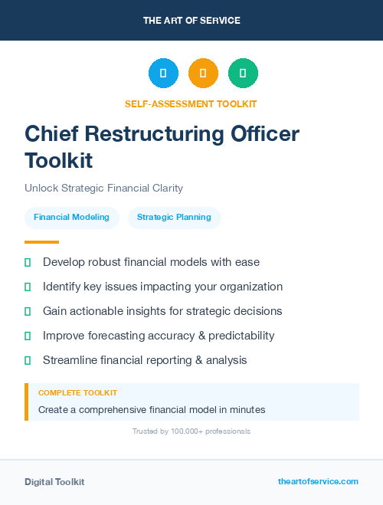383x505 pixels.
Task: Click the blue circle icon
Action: coord(163,73)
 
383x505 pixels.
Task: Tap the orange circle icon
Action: coord(203,73)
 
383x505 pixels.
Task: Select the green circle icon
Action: coord(243,73)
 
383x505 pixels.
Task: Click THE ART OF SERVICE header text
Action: coord(191,21)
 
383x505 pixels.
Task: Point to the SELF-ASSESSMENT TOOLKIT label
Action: coord(191,103)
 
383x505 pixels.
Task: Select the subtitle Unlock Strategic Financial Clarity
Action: coord(103,188)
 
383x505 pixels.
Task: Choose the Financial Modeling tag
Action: coord(71,217)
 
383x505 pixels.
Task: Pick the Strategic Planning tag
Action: coord(174,217)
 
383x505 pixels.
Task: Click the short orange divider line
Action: coord(36,241)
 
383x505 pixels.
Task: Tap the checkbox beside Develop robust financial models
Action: coord(28,263)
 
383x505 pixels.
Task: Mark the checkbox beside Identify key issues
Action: coord(28,287)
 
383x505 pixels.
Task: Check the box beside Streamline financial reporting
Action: coord(28,360)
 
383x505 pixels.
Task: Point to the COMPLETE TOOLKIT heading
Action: coord(77,393)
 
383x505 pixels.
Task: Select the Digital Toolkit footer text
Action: coord(54,482)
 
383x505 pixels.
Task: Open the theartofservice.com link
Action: coord(318,481)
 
